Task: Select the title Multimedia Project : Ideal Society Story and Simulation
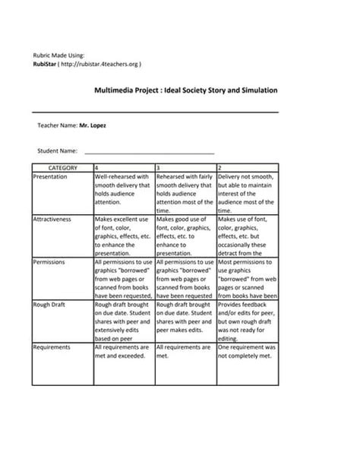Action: (x=185, y=90)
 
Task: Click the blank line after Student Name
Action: (x=150, y=151)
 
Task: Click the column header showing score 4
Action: (x=96, y=166)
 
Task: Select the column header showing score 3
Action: (x=158, y=166)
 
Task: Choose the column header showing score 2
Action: (x=220, y=166)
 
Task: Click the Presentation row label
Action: (x=51, y=176)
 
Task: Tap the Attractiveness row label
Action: (x=52, y=219)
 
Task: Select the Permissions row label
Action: (x=49, y=261)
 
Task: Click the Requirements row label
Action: (x=52, y=347)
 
